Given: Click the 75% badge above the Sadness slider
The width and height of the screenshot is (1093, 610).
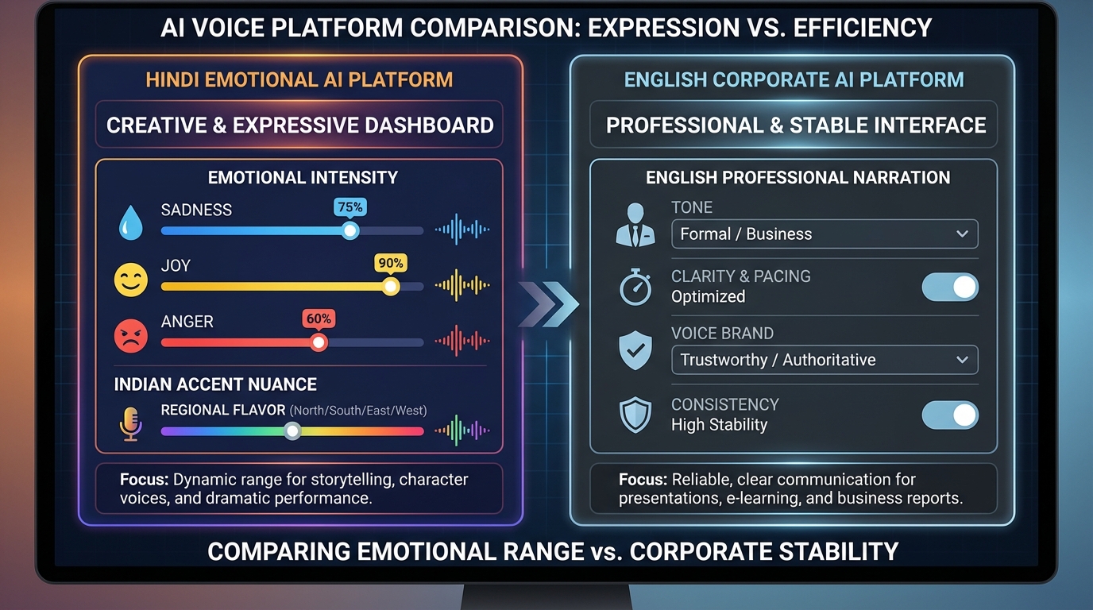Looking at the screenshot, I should (350, 207).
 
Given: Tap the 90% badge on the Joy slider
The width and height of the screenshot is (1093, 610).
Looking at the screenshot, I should (390, 263).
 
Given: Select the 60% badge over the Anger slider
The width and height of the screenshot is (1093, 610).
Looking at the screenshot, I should (319, 319).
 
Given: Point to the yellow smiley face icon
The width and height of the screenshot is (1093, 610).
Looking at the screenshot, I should (130, 280).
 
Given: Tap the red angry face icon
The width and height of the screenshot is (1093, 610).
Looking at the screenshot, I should (130, 336).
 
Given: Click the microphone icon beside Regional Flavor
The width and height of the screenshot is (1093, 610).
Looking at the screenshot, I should (130, 423).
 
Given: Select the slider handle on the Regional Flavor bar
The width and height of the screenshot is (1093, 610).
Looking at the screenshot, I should (293, 431).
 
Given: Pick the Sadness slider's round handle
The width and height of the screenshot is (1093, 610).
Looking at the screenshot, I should (350, 231).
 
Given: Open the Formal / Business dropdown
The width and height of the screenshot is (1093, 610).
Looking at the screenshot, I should (824, 234).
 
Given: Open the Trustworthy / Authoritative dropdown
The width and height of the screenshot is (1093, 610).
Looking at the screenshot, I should (824, 360).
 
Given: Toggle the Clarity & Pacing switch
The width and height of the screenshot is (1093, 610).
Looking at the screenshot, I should (950, 287).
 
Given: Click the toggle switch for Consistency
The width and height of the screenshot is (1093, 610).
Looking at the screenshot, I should (950, 415).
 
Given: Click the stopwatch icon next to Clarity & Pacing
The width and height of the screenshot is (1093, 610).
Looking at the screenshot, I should (635, 287).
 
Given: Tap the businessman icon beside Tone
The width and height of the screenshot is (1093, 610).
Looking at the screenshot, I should (635, 225).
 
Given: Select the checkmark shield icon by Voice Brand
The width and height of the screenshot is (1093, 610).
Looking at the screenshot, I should (635, 350).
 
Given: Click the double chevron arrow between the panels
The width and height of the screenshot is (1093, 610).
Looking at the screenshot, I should (549, 303).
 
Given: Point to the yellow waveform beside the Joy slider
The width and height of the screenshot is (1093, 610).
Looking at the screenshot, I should (462, 284).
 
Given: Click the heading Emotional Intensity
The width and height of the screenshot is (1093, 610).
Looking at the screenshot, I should (303, 178).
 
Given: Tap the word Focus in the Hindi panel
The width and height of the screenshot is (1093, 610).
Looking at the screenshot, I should (144, 480).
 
